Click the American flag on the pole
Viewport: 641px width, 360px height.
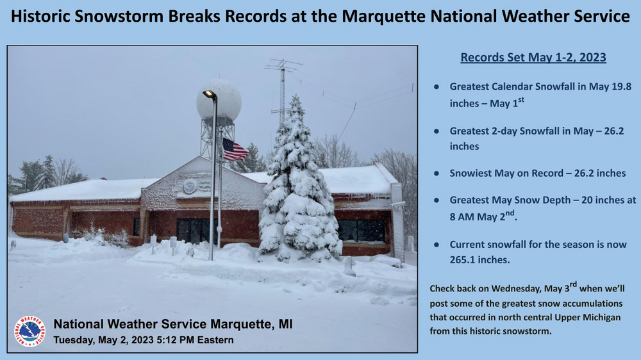coord(235,149)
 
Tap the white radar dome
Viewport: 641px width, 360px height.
coord(219,100)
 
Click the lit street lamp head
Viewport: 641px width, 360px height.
coord(210,94)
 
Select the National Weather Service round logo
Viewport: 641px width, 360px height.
coord(29,331)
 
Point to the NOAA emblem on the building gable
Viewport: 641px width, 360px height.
coord(190,186)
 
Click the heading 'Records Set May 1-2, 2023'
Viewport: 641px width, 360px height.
coord(533,57)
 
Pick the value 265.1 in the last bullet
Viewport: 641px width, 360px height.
coord(463,259)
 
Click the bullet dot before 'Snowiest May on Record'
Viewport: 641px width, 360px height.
coord(437,173)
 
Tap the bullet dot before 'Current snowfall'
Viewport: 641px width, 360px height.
coord(437,245)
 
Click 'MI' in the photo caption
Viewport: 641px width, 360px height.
coord(285,324)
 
